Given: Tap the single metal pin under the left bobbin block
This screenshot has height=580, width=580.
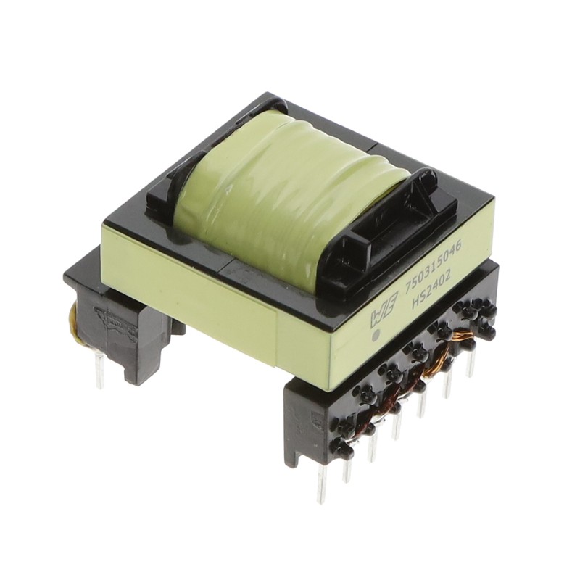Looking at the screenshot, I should pyautogui.click(x=100, y=374).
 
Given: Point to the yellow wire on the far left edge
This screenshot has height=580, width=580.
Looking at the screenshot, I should pyautogui.click(x=73, y=318).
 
